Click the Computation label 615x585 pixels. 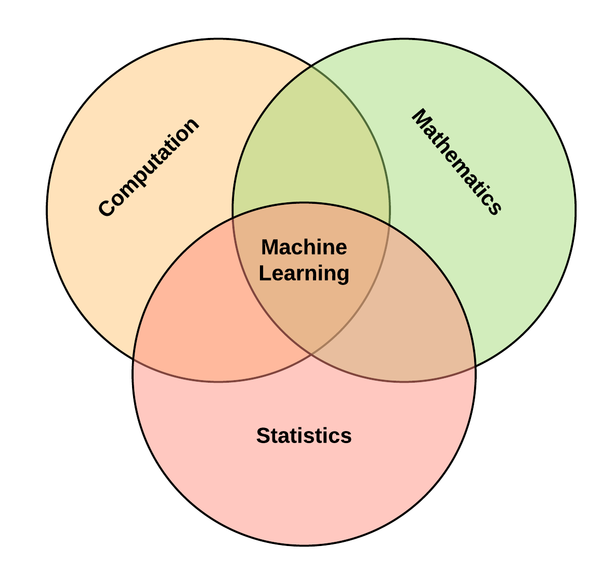pyautogui.click(x=149, y=167)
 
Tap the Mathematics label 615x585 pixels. pyautogui.click(x=457, y=162)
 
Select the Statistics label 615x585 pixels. pyautogui.click(x=304, y=436)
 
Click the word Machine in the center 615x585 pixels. pyautogui.click(x=304, y=247)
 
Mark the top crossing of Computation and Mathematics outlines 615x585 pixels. pyautogui.click(x=311, y=66)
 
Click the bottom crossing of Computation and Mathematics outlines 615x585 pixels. pyautogui.click(x=311, y=354)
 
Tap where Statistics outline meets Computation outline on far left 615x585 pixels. pyautogui.click(x=134, y=359)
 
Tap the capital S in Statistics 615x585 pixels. pyautogui.click(x=263, y=436)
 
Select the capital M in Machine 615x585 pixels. pyautogui.click(x=269, y=247)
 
